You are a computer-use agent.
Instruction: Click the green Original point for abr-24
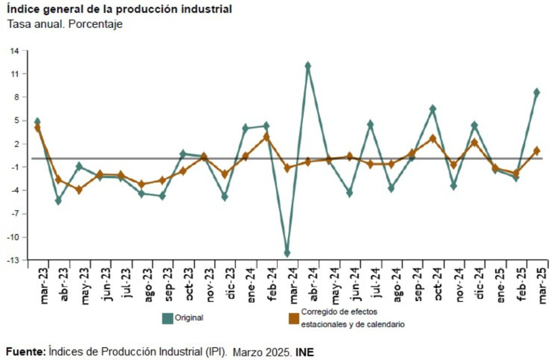click(308, 66)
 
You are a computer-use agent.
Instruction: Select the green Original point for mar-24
click(287, 253)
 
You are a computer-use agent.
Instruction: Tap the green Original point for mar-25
click(537, 92)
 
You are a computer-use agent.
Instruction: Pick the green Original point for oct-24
click(432, 109)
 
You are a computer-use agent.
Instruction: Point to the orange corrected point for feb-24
click(266, 137)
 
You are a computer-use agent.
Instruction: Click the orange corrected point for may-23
click(79, 189)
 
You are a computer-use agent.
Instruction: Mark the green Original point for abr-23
click(58, 201)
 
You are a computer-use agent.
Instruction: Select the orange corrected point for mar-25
click(537, 151)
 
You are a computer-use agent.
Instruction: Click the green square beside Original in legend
click(167, 318)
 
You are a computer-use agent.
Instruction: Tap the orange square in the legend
click(293, 318)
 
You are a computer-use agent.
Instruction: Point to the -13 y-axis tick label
click(13, 260)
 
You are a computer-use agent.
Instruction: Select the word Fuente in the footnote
click(25, 353)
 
